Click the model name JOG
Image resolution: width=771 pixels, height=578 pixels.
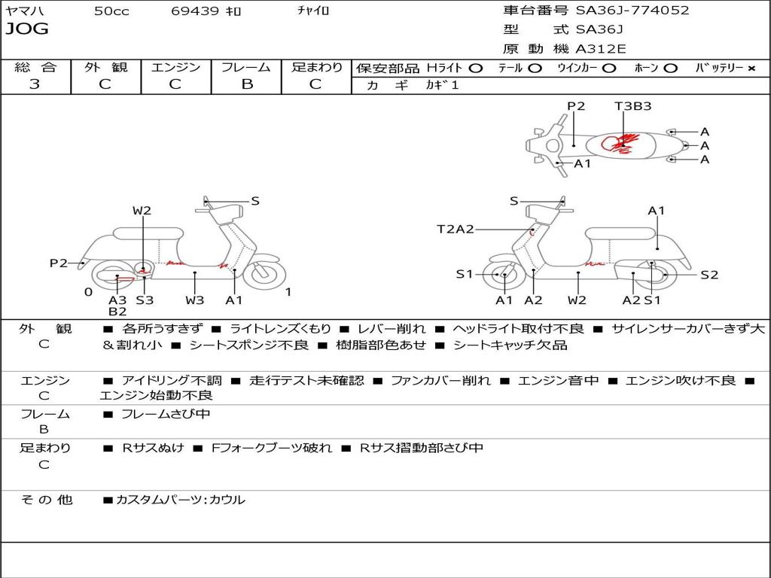point(27,29)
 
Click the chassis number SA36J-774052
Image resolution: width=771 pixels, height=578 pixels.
point(632,10)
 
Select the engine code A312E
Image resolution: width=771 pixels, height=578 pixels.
point(600,49)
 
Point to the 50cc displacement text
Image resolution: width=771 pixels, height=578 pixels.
point(111,11)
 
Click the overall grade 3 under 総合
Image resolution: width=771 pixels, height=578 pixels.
point(35,84)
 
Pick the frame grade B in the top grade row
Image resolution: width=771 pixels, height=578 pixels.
point(247,84)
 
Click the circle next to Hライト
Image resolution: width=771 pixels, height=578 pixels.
point(476,68)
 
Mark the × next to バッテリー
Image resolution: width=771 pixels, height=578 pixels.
point(751,68)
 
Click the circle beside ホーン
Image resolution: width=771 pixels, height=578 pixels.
point(670,68)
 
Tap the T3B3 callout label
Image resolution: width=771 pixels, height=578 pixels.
point(632,106)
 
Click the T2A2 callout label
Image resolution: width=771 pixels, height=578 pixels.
point(456,229)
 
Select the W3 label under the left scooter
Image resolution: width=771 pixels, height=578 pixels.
point(195,300)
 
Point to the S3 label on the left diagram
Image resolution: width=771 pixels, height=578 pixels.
point(145,300)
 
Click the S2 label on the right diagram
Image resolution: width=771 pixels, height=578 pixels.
point(709,275)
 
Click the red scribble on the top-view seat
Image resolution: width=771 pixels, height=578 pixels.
point(619,144)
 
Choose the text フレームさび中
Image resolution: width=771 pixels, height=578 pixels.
point(166,415)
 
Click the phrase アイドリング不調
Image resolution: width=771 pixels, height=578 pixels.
point(172,380)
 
